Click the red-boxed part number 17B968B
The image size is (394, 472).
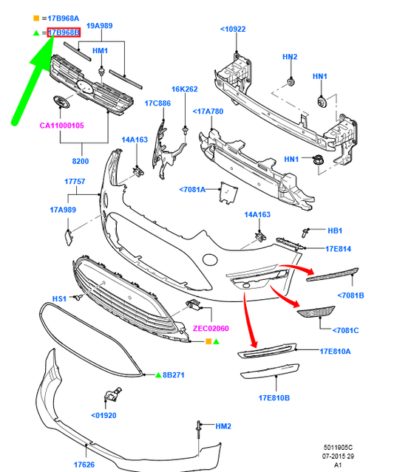pos(64,33)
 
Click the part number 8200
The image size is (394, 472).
pos(80,161)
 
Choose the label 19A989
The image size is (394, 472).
pos(101,26)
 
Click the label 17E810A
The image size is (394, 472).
pos(335,351)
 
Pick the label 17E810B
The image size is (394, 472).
pos(274,398)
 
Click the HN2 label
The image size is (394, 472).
pos(289,56)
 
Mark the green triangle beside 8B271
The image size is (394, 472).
pos(157,375)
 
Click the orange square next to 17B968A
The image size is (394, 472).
pos(36,17)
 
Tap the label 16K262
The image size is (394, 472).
pos(185,89)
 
